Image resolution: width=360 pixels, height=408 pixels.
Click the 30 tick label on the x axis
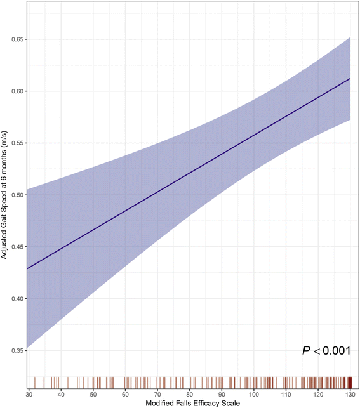[29, 395]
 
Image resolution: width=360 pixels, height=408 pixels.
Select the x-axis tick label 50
[93, 395]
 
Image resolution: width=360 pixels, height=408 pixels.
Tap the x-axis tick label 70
[157, 395]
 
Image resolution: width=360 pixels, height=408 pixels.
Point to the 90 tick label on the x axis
[222, 395]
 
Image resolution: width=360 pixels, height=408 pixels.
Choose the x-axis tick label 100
[254, 395]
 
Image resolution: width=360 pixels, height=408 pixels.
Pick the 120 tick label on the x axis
[318, 395]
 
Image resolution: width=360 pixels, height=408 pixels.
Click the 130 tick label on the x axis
[350, 395]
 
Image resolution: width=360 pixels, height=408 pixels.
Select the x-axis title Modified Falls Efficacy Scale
[190, 404]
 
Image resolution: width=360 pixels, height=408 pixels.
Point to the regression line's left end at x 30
[29, 268]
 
